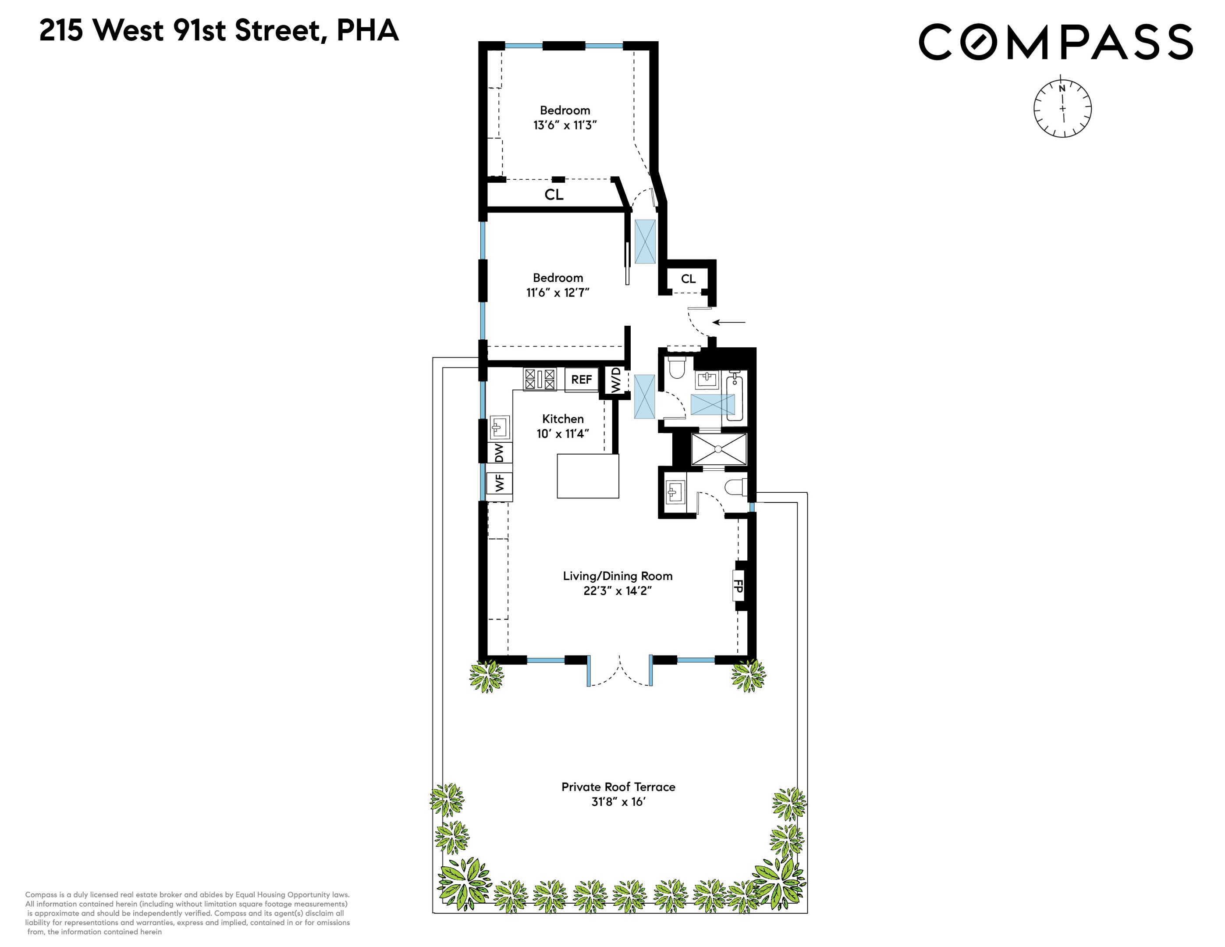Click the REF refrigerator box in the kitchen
pyautogui.click(x=581, y=380)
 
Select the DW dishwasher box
pyautogui.click(x=499, y=452)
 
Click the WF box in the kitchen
pyautogui.click(x=499, y=482)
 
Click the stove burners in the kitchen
pyautogui.click(x=539, y=379)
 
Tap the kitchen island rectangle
pyautogui.click(x=587, y=476)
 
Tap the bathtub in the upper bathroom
pyautogui.click(x=734, y=399)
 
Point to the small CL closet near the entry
pyautogui.click(x=688, y=279)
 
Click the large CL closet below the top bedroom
pyautogui.click(x=554, y=195)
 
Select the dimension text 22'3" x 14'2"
pyautogui.click(x=617, y=591)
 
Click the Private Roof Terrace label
pyautogui.click(x=618, y=787)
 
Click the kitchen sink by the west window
pyautogui.click(x=499, y=427)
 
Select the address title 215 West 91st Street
pyautogui.click(x=219, y=31)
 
